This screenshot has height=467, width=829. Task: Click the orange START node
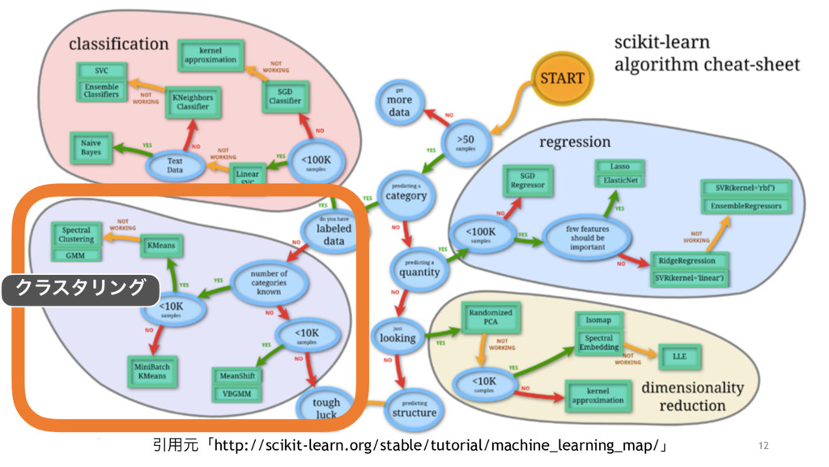563,79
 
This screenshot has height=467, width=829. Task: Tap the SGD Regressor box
527,180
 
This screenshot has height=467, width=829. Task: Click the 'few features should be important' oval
587,238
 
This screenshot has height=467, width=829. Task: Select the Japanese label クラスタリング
81,288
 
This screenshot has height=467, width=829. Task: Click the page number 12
763,445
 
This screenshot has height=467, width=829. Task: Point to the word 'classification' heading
118,43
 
